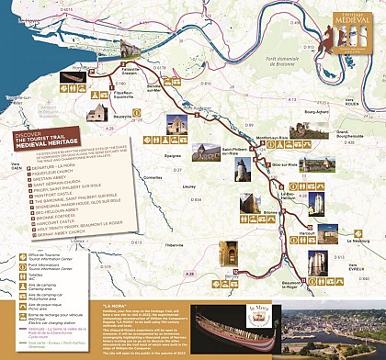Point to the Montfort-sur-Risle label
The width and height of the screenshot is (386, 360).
(262, 137)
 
